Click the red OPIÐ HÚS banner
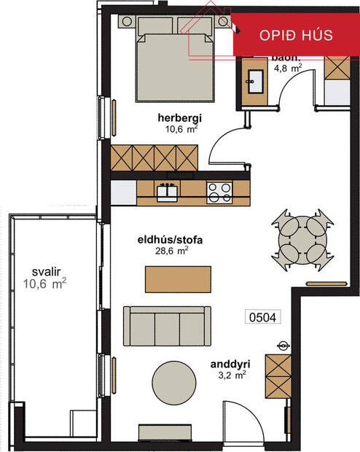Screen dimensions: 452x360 (297, 35)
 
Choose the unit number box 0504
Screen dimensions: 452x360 (264, 317)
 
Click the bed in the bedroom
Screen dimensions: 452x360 (176, 62)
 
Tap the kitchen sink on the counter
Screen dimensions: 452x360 (168, 192)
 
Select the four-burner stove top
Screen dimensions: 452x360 (219, 192)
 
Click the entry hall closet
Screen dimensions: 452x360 (278, 375)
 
